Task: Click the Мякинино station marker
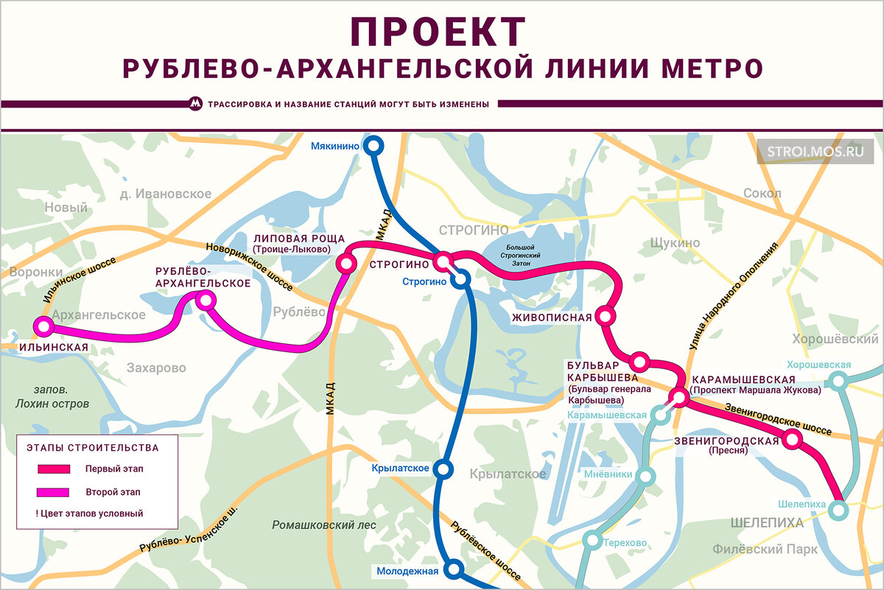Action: (x=374, y=147)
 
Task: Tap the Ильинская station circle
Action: (x=44, y=326)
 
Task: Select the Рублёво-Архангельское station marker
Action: (x=206, y=299)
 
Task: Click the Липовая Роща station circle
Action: (x=345, y=263)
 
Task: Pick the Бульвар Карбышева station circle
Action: (x=639, y=362)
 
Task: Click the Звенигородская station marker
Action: (x=792, y=440)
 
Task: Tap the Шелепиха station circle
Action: (x=838, y=509)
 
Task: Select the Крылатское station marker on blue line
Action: (x=443, y=468)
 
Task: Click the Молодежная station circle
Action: (x=455, y=569)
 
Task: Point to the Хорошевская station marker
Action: (x=838, y=381)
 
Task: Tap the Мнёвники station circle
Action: (x=647, y=477)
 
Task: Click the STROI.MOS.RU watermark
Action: (x=814, y=152)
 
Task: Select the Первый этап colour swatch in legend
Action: (x=54, y=468)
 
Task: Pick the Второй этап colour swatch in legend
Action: (x=54, y=491)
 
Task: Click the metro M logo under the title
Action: (x=194, y=104)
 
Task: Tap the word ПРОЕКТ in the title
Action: (x=438, y=32)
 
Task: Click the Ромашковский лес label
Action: (x=324, y=525)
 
